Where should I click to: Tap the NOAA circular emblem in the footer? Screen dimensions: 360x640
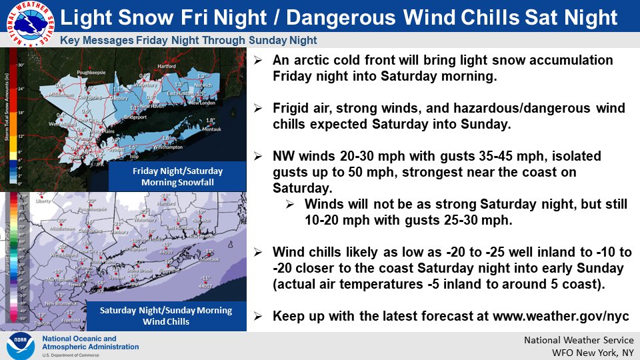pyautogui.click(x=21, y=346)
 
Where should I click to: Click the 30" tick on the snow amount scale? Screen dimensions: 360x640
pyautogui.click(x=21, y=65)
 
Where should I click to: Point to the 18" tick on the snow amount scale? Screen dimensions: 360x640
pyautogui.click(x=21, y=113)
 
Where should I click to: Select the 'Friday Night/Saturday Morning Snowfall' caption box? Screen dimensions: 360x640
pyautogui.click(x=177, y=177)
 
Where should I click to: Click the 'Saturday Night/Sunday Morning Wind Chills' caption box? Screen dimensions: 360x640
pyautogui.click(x=165, y=315)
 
